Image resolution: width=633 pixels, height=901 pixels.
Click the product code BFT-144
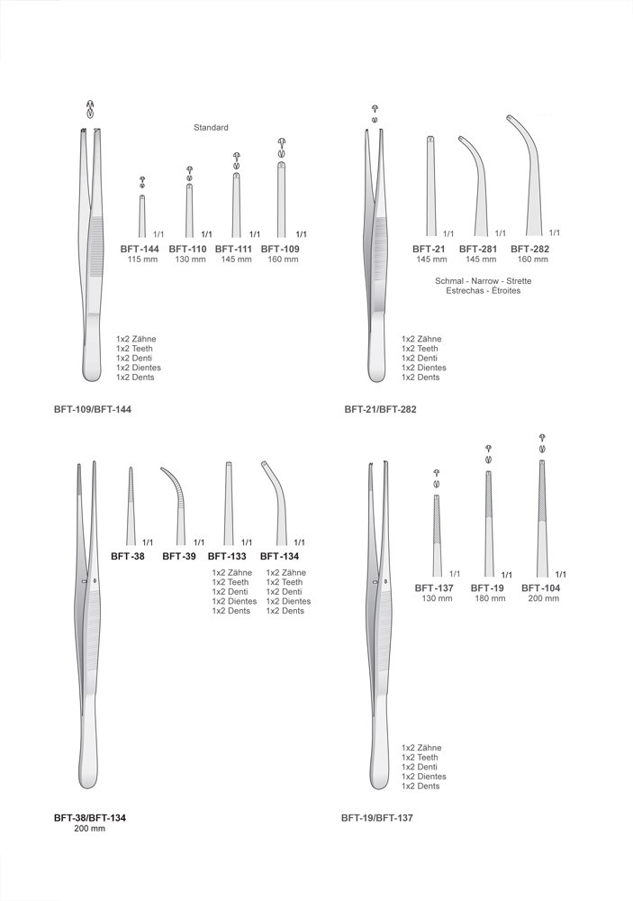click(x=140, y=249)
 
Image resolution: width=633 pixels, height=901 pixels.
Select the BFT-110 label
click(x=187, y=249)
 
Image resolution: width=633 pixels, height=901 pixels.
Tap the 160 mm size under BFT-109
click(x=283, y=259)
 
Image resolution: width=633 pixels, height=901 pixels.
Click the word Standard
click(x=211, y=128)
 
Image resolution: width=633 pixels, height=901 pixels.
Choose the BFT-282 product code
click(x=529, y=249)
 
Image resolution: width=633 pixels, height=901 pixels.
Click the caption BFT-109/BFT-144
click(x=93, y=410)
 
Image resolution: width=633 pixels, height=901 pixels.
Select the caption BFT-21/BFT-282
click(x=380, y=410)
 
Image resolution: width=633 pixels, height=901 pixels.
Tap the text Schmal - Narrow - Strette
click(x=483, y=281)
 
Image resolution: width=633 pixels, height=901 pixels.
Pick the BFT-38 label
click(x=128, y=556)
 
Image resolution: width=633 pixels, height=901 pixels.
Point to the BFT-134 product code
click(x=279, y=556)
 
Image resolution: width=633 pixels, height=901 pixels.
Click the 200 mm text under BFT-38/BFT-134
click(x=90, y=829)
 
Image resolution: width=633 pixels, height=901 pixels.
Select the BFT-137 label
click(x=434, y=587)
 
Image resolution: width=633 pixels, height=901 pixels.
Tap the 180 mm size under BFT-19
click(x=490, y=598)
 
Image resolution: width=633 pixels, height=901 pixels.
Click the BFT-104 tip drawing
click(x=542, y=518)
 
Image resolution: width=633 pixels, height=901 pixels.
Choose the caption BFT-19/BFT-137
click(x=376, y=818)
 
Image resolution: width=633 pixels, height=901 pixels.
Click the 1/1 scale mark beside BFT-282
click(x=555, y=232)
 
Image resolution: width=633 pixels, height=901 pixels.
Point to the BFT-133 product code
click(x=227, y=556)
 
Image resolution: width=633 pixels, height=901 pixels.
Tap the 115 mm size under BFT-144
click(x=142, y=259)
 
